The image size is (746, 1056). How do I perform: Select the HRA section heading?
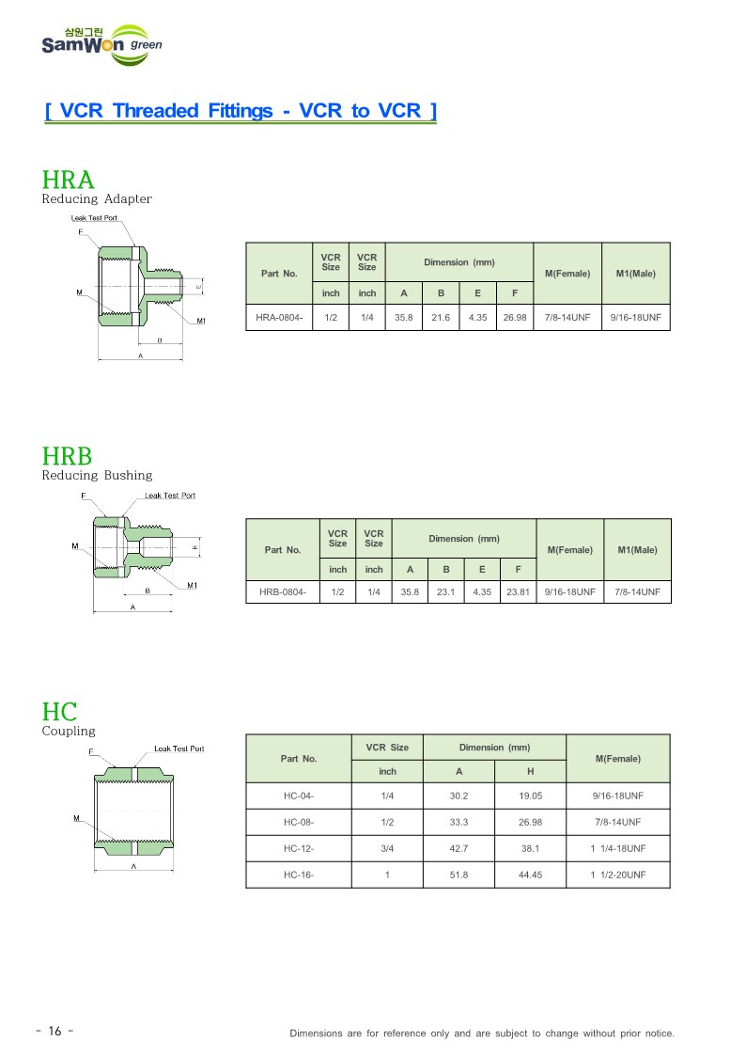(x=68, y=180)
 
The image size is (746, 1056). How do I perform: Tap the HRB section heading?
(x=68, y=456)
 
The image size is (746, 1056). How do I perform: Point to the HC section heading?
(x=59, y=711)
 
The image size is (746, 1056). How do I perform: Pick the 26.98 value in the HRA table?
(x=515, y=318)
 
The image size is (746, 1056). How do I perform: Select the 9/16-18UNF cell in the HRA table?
(x=636, y=318)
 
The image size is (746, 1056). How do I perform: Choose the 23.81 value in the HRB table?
(x=518, y=592)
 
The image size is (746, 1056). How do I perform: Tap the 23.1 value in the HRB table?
(x=446, y=592)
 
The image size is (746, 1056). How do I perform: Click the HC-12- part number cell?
(x=299, y=848)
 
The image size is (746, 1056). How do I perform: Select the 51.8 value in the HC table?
(x=458, y=875)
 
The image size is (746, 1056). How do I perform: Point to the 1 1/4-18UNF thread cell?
(x=618, y=848)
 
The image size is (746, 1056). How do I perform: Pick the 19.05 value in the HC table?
(x=530, y=796)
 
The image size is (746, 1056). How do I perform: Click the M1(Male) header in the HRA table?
(x=636, y=274)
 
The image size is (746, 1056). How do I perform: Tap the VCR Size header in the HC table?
(x=387, y=748)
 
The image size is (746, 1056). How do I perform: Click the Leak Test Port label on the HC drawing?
(x=179, y=749)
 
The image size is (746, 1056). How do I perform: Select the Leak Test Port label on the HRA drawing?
(x=95, y=218)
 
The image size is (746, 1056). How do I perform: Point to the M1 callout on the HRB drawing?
(x=192, y=586)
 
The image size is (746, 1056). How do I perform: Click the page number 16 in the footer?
(x=54, y=1032)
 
